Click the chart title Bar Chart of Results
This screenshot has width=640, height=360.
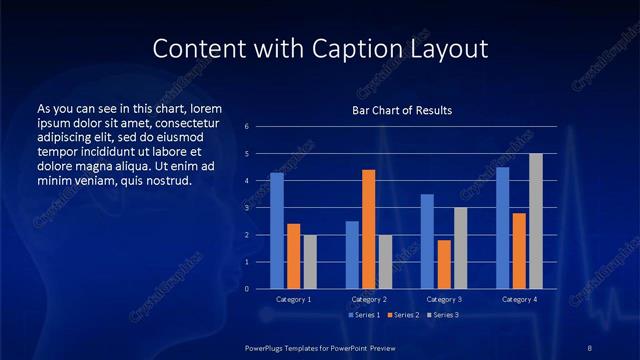point(402,110)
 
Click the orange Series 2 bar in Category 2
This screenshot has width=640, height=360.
point(368,229)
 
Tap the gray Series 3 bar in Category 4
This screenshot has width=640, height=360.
point(535,221)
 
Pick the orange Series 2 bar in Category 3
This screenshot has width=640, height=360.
point(444,264)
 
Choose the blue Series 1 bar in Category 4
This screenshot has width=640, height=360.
point(502,227)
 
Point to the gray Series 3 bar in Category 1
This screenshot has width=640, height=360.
point(309,261)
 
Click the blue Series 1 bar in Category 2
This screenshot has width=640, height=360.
point(352,254)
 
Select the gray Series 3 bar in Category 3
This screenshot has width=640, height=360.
point(460,248)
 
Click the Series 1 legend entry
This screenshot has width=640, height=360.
point(364,315)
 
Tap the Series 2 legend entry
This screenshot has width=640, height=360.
point(402,315)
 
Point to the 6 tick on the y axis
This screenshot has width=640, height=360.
point(247,127)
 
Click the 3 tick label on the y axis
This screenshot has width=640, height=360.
point(247,208)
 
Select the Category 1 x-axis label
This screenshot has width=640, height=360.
point(293,299)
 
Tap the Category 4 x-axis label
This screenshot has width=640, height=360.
point(519,299)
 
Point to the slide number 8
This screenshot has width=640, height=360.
point(590,346)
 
